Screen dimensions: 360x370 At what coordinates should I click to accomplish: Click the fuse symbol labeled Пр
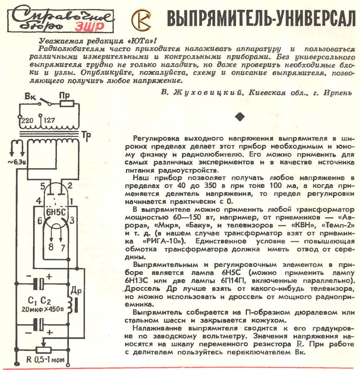click(67, 104)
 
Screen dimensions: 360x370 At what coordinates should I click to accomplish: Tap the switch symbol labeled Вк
click(45, 102)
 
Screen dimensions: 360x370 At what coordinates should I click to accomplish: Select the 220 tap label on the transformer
click(27, 121)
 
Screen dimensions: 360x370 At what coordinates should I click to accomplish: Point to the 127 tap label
click(49, 120)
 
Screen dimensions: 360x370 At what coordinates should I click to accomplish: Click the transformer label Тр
click(86, 136)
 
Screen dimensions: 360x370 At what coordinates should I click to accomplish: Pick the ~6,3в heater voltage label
click(17, 162)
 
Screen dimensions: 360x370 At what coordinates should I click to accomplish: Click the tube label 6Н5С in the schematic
click(56, 212)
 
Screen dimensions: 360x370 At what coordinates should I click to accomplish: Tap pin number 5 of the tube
click(43, 186)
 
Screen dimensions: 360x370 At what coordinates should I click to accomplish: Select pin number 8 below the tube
click(51, 247)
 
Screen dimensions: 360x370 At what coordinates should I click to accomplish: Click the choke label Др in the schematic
click(76, 291)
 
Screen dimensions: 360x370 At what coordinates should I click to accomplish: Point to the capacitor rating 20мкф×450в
click(43, 309)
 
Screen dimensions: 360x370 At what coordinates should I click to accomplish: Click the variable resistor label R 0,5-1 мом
click(45, 360)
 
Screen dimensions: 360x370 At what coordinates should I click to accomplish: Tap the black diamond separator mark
click(240, 117)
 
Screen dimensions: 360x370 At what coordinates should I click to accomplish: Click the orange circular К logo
click(142, 20)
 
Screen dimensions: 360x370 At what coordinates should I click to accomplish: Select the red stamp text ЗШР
click(89, 26)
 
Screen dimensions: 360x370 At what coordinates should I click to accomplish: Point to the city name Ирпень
click(338, 93)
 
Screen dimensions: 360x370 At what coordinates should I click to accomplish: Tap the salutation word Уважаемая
click(61, 41)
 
